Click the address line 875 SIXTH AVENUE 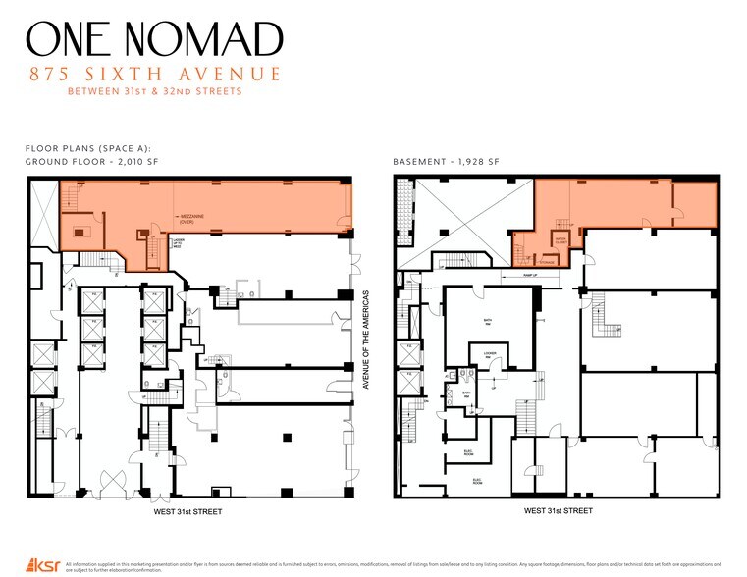(154, 75)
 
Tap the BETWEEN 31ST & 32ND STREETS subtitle (154, 92)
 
